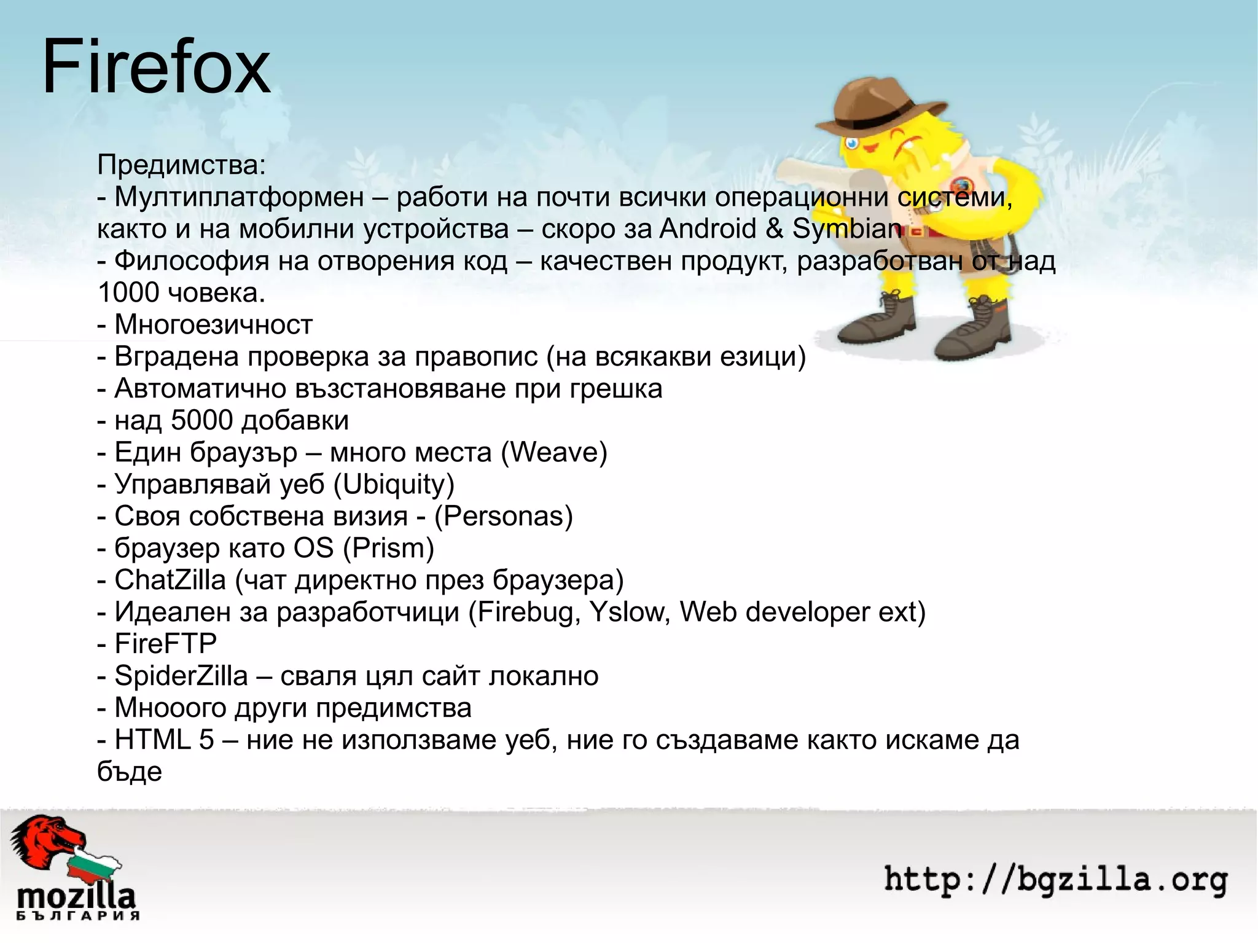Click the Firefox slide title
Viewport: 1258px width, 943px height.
click(156, 66)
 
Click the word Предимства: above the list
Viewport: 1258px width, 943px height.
click(182, 165)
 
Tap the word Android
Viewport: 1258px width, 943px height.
click(708, 229)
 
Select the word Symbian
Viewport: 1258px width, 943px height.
click(847, 229)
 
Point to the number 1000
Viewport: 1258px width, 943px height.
click(128, 292)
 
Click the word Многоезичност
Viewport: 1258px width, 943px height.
click(213, 324)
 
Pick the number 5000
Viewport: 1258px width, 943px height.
click(201, 420)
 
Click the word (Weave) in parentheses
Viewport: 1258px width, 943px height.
click(554, 452)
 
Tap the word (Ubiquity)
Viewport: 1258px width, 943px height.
click(394, 484)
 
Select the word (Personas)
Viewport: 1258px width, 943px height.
click(503, 516)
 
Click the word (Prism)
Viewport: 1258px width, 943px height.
click(388, 548)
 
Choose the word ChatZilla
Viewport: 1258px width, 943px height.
click(170, 580)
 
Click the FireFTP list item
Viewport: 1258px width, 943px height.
click(165, 644)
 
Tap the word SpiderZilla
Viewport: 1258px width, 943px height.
click(181, 676)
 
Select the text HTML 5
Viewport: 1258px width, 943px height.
click(164, 740)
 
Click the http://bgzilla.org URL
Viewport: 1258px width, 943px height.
click(1055, 879)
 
